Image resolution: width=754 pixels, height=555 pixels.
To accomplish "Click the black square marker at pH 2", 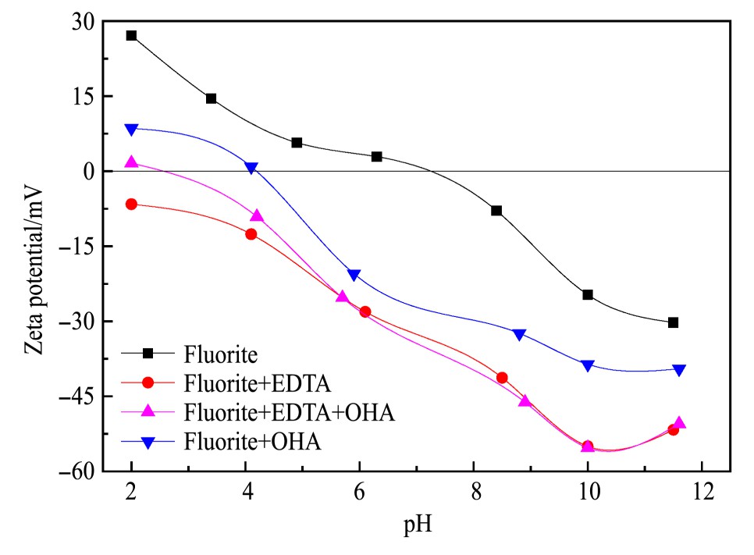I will tap(131, 36).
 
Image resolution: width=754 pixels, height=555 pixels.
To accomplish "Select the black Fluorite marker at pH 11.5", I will tap(673, 322).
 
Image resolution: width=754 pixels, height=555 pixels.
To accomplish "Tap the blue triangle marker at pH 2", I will tap(131, 129).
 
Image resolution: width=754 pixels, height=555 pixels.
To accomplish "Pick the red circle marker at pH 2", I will tap(131, 204).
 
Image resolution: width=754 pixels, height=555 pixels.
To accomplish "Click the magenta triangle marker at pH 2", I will tap(131, 162).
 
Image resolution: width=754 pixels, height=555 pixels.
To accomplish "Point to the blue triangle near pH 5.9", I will tap(354, 275).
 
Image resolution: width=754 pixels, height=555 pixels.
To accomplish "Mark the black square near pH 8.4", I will tap(496, 211).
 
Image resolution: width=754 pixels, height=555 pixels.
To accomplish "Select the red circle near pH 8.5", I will tap(502, 378).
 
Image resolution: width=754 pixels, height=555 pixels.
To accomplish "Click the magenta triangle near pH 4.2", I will tap(257, 215).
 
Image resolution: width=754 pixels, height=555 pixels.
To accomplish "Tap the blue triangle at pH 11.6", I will tap(679, 370).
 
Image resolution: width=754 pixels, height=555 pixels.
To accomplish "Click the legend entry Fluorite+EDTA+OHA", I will tap(290, 412).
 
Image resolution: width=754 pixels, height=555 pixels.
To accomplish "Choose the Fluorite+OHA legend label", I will tap(254, 441).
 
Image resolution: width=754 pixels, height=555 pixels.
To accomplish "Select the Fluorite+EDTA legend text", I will tap(258, 383).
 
